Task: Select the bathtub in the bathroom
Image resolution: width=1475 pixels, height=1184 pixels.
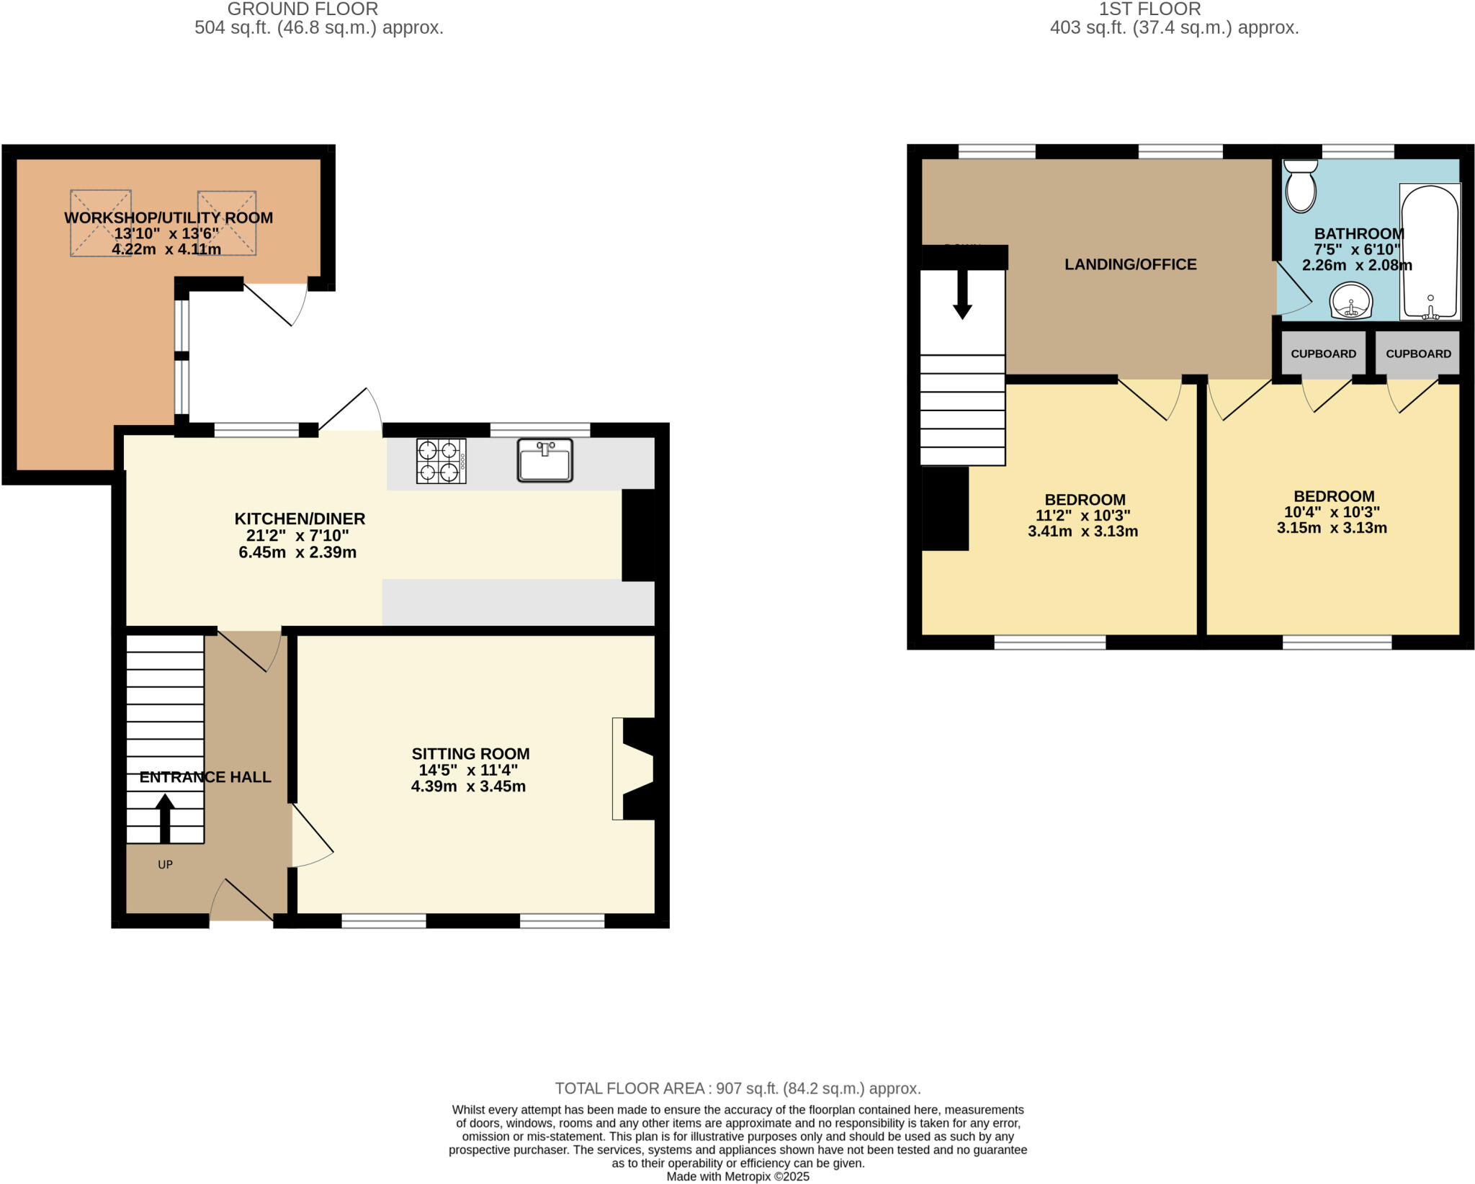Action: pos(1430,252)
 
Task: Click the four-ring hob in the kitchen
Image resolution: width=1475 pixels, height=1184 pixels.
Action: pos(440,461)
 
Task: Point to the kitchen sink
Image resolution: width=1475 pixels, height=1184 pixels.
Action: pos(544,460)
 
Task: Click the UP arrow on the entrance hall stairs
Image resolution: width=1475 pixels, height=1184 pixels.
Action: pos(165,817)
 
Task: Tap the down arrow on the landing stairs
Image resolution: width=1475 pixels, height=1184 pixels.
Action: pos(962,295)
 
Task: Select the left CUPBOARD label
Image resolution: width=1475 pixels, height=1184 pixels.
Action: pos(1323,354)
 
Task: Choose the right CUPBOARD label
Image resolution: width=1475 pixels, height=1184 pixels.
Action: pos(1418,354)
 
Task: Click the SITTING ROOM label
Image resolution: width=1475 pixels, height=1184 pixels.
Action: pos(470,754)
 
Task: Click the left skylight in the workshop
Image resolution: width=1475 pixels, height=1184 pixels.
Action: pos(101,223)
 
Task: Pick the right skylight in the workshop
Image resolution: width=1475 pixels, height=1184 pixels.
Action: pos(227,223)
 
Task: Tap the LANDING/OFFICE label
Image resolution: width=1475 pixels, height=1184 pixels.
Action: pos(1130,264)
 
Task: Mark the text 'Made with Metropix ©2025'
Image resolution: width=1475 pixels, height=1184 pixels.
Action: pos(737,1177)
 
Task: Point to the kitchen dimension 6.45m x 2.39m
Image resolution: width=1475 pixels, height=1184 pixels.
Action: pos(297,552)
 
